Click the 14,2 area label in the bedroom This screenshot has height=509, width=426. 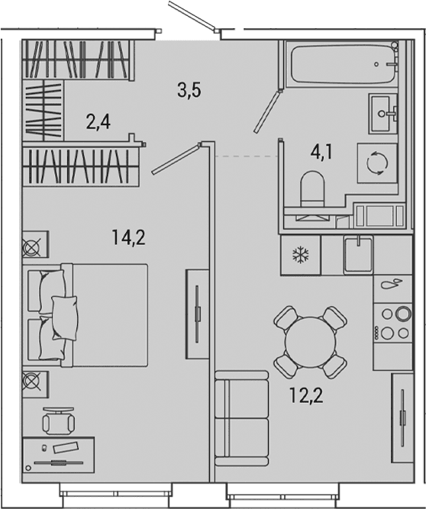pyautogui.click(x=128, y=237)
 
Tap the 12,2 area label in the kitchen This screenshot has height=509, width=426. pyautogui.click(x=306, y=396)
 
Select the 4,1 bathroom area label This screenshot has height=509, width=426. pyautogui.click(x=321, y=152)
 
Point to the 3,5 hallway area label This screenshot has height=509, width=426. pyautogui.click(x=189, y=90)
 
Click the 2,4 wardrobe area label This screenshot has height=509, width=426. pyautogui.click(x=98, y=122)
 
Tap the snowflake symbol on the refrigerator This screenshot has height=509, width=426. pyautogui.click(x=301, y=255)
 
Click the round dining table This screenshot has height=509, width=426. pyautogui.click(x=311, y=342)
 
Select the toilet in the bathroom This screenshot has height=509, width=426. pyautogui.click(x=312, y=189)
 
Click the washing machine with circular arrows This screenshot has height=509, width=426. pyautogui.click(x=377, y=163)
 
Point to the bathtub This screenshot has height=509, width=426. pyautogui.click(x=344, y=64)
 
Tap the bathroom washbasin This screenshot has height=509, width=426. pyautogui.click(x=382, y=113)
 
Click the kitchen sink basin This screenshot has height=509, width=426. pyautogui.click(x=359, y=255)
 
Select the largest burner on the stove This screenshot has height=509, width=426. pyautogui.click(x=404, y=314)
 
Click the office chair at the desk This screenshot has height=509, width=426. pyautogui.click(x=59, y=421)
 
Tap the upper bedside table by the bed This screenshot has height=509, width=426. pyautogui.click(x=35, y=244)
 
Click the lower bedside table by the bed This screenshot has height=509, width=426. pyautogui.click(x=35, y=385)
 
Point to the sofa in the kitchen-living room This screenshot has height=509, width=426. pyautogui.click(x=242, y=420)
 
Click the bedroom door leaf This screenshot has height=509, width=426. pyautogui.click(x=176, y=159)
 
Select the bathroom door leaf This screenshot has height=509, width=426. pyautogui.click(x=267, y=111)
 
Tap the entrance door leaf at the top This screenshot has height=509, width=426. pyautogui.click(x=192, y=15)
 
